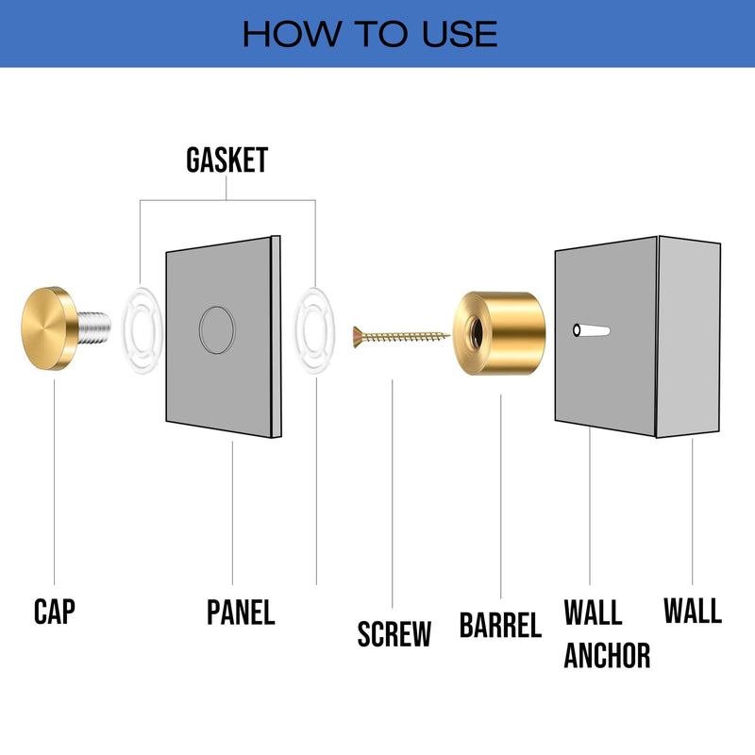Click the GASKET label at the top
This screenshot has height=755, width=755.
click(x=226, y=160)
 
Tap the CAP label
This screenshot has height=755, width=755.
click(x=54, y=612)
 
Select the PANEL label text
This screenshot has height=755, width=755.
click(x=241, y=612)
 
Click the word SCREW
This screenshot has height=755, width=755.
click(x=394, y=633)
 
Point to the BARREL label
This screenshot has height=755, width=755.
click(x=500, y=625)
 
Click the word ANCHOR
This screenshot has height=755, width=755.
click(x=607, y=654)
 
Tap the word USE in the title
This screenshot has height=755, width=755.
click(x=457, y=34)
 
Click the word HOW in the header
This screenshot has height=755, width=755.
click(x=283, y=34)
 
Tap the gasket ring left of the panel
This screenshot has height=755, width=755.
click(x=141, y=327)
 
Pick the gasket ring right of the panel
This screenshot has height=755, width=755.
click(x=315, y=327)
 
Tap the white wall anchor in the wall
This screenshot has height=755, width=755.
click(x=591, y=331)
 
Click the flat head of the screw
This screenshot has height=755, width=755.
click(x=358, y=334)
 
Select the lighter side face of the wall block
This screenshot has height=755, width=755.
click(x=689, y=337)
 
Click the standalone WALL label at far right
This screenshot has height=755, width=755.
click(x=692, y=611)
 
